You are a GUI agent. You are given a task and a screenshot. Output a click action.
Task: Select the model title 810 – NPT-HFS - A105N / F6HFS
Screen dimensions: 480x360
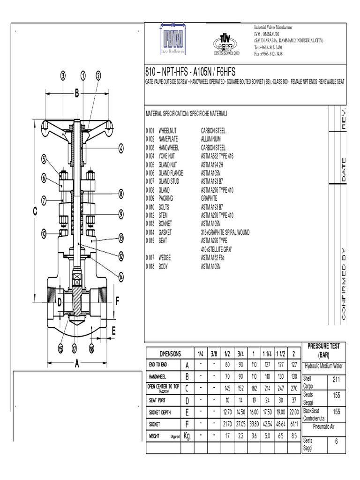(191, 72)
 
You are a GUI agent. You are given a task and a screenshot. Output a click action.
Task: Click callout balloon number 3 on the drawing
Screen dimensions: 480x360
(63, 75)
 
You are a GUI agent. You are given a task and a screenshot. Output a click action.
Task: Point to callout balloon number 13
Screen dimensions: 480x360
(121, 238)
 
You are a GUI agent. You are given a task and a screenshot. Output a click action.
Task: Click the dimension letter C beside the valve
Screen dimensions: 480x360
(34, 212)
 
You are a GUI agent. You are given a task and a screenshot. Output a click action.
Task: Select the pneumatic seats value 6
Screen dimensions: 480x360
(336, 442)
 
